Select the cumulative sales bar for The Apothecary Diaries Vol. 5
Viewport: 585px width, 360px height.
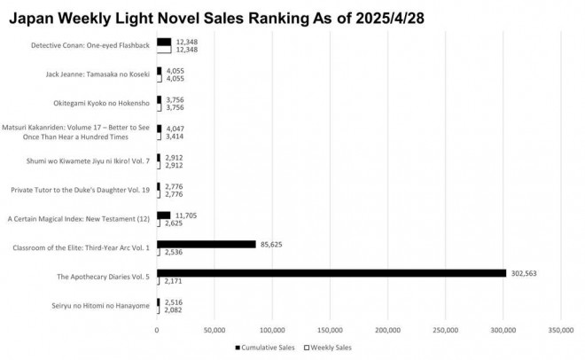pos(331,273)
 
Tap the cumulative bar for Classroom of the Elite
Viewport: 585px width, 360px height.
pos(207,244)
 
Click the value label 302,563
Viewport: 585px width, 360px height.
pos(526,273)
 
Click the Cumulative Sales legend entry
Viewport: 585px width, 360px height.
pos(265,348)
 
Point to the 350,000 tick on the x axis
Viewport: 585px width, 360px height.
pos(561,330)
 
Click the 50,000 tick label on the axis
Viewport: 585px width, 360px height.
pos(214,330)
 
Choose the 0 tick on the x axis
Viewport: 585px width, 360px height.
pos(157,330)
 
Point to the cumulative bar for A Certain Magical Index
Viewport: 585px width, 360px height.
pos(164,215)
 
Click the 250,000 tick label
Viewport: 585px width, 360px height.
pos(445,330)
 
